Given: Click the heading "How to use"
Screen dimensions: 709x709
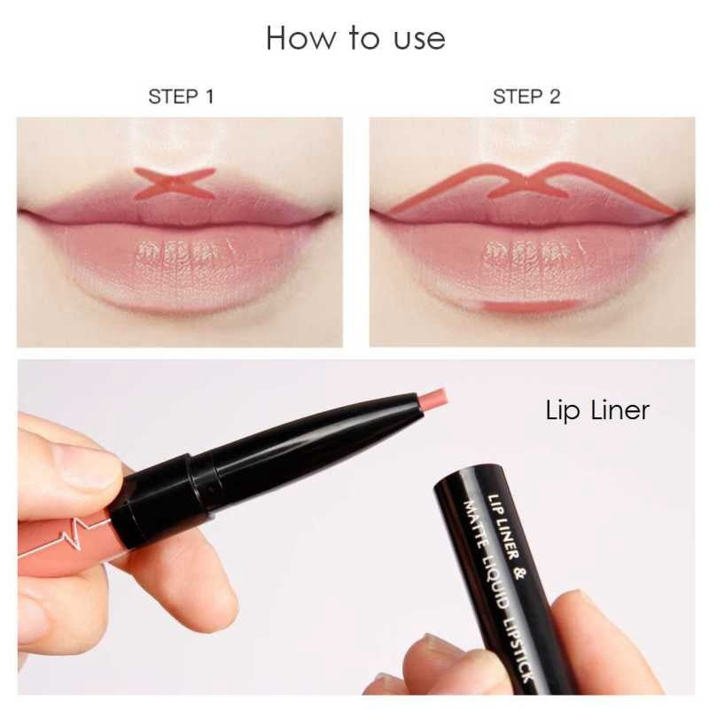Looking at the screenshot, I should point(355,38).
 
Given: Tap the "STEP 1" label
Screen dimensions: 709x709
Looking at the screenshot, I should point(181,97).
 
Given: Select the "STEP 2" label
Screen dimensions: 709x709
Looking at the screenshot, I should point(526,97).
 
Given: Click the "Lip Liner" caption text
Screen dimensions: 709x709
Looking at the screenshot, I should point(596,410).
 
